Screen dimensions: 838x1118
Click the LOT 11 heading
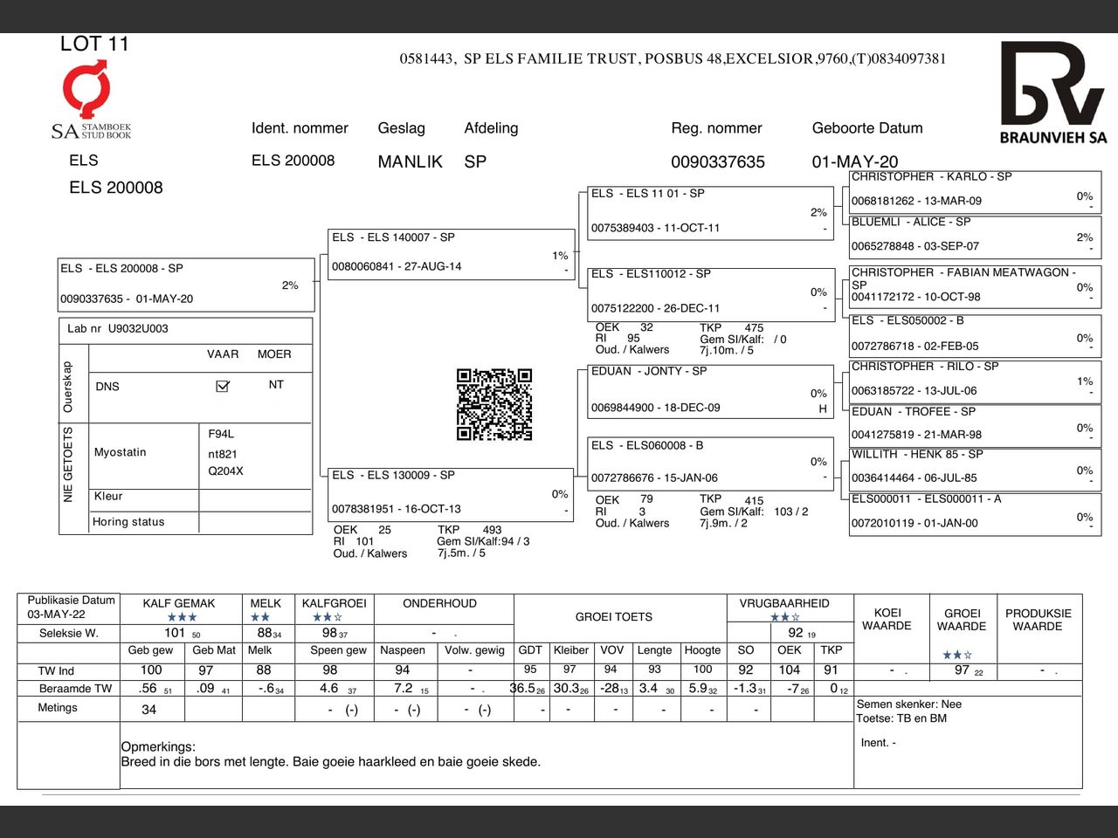click(x=94, y=44)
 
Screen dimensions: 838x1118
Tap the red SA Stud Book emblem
click(x=86, y=88)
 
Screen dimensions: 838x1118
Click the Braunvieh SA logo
click(x=1052, y=93)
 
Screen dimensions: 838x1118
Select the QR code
click(x=494, y=404)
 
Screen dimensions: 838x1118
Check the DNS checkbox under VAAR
click(x=223, y=386)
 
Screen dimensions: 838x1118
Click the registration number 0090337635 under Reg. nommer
click(x=717, y=161)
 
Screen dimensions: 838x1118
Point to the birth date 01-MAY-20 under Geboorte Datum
click(x=854, y=161)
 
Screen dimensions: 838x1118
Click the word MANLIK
click(x=410, y=161)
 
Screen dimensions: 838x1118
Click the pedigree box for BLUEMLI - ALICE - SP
click(x=971, y=234)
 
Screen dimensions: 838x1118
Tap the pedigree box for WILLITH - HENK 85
click(x=971, y=466)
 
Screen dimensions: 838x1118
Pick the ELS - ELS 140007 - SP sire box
click(x=450, y=253)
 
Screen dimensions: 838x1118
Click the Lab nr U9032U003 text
click(x=118, y=329)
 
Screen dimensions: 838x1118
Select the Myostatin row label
click(x=121, y=452)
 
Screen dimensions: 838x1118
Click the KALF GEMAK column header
click(x=179, y=603)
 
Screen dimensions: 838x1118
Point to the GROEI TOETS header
click(x=613, y=617)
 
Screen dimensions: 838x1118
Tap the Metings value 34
click(x=149, y=710)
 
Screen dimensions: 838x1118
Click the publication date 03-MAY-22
click(x=56, y=614)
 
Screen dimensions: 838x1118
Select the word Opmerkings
click(x=158, y=747)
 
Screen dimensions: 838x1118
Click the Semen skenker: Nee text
click(x=908, y=704)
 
